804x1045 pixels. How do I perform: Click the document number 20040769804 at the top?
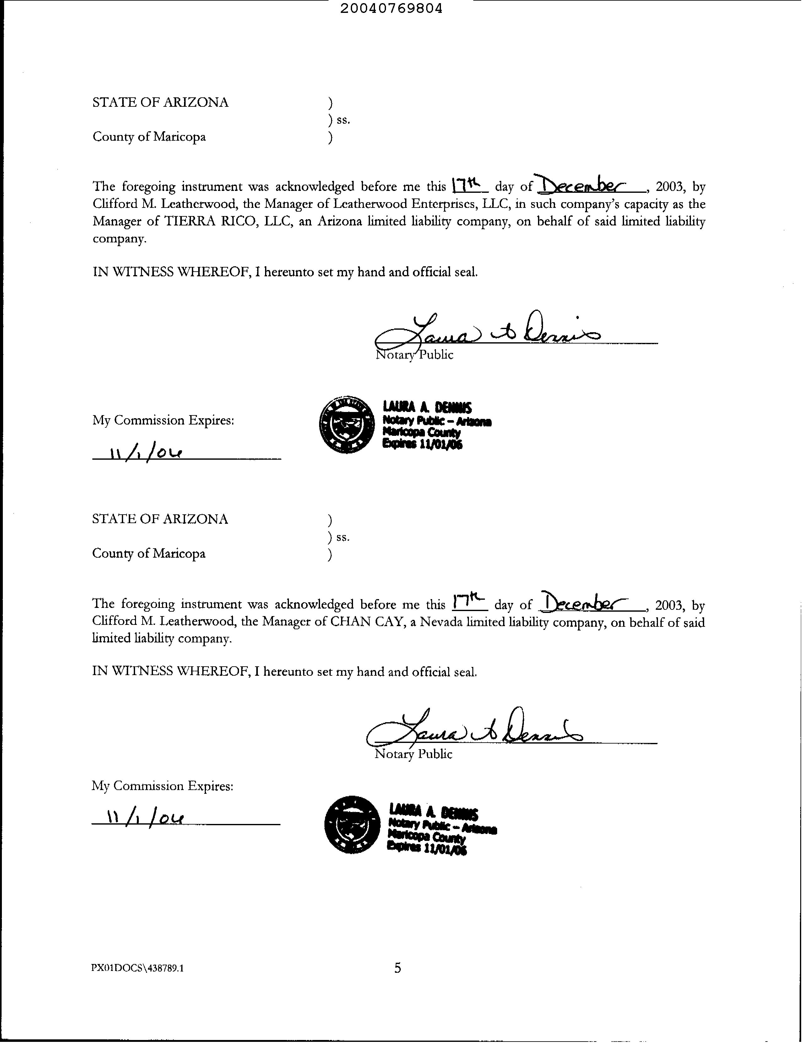(x=391, y=8)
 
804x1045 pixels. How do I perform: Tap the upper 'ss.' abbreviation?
(x=343, y=120)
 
